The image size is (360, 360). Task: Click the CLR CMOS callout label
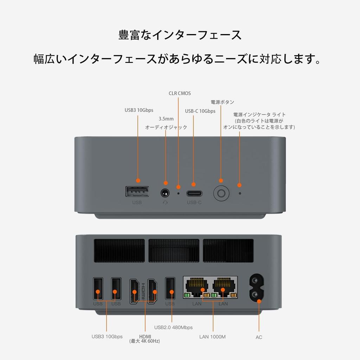(180, 94)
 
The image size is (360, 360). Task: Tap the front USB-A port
(137, 192)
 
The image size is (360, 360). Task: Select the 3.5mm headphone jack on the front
(165, 193)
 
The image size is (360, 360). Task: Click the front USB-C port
(194, 193)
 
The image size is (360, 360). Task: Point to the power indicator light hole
(240, 193)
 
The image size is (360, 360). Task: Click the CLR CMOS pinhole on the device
(178, 193)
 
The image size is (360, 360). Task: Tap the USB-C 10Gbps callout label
(200, 111)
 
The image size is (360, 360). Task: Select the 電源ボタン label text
(222, 102)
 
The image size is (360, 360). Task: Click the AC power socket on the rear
(256, 288)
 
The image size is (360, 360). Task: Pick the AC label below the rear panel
(259, 337)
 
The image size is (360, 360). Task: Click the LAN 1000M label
(212, 337)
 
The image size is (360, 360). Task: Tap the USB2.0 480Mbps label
(173, 327)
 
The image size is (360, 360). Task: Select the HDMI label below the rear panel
(144, 339)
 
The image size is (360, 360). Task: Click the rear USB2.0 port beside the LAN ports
(170, 288)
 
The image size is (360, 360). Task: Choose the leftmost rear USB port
(98, 288)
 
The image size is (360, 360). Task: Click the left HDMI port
(135, 291)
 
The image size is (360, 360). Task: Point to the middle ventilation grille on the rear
(174, 250)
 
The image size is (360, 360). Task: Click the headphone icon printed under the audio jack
(165, 202)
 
